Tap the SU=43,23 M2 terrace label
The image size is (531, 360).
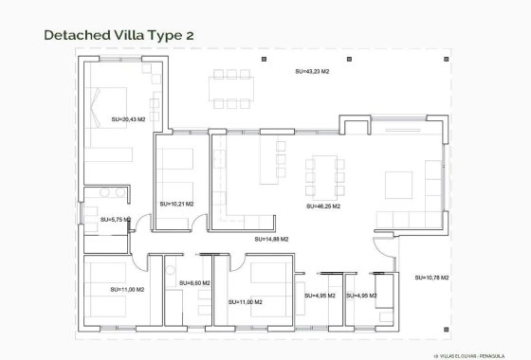click(x=311, y=71)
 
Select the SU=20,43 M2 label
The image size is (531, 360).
click(x=128, y=119)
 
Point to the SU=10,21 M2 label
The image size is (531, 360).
click(x=176, y=203)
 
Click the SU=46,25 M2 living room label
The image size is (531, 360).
click(x=322, y=206)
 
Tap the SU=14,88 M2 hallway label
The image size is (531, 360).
click(x=271, y=240)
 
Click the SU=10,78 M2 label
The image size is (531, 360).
click(x=431, y=278)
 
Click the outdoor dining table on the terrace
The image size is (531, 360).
click(x=233, y=87)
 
